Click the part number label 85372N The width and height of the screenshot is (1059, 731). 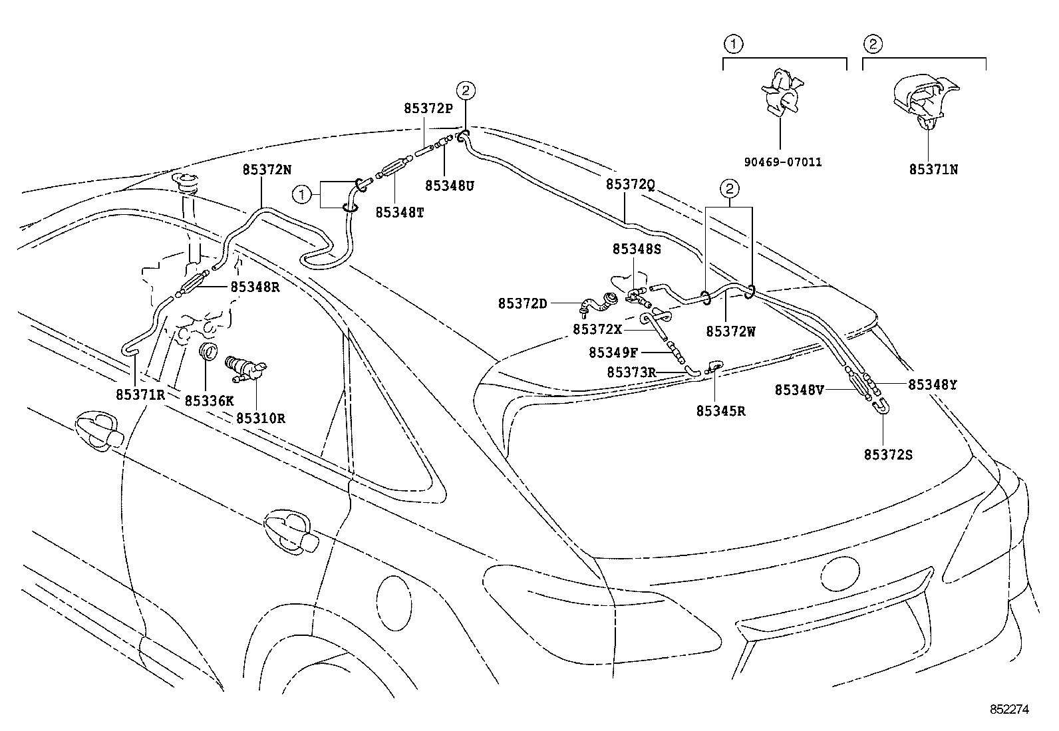[x=266, y=170]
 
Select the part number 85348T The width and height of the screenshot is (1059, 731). [x=400, y=212]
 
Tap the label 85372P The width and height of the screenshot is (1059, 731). [x=428, y=108]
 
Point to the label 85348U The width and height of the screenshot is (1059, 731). [x=450, y=186]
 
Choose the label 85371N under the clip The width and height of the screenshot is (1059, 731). [x=934, y=169]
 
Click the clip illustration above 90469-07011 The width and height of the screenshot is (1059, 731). [x=782, y=92]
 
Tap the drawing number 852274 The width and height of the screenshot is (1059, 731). [x=1010, y=710]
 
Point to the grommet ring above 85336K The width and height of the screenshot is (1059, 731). [x=208, y=351]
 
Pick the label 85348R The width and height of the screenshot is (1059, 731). [x=255, y=287]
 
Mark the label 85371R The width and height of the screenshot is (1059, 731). [x=140, y=394]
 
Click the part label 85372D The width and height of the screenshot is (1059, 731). [x=522, y=303]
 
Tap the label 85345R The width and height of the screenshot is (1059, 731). [x=721, y=411]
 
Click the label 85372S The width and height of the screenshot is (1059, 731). [x=888, y=454]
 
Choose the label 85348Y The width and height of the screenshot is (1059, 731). [x=933, y=384]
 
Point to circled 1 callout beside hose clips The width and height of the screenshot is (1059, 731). [x=302, y=194]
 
